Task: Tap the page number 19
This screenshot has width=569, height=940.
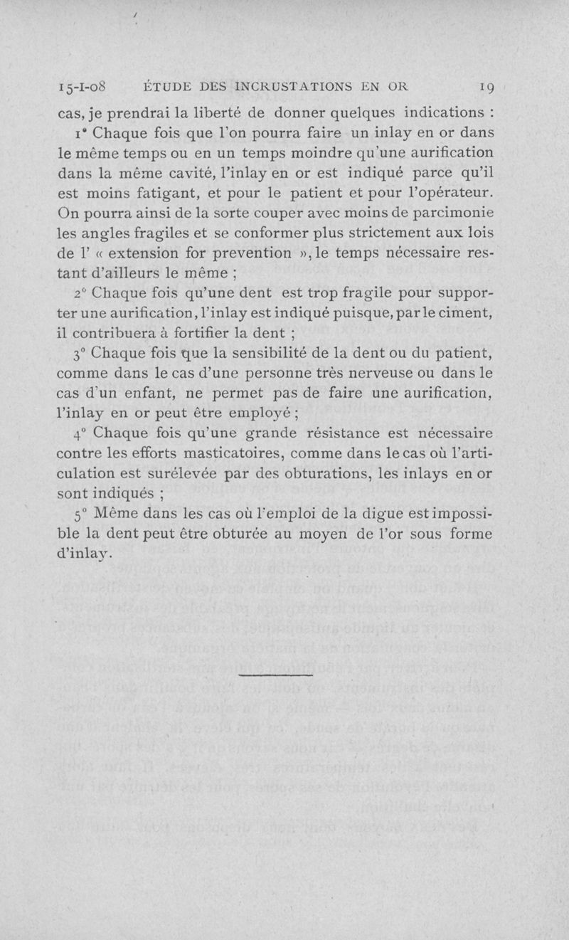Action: (x=486, y=88)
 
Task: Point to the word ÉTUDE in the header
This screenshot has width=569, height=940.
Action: (x=170, y=88)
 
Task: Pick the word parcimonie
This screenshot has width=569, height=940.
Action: (x=449, y=212)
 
